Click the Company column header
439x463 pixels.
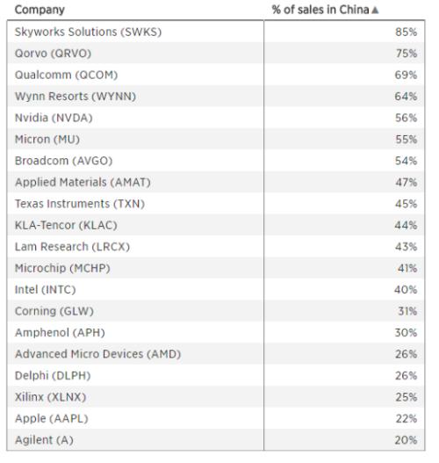click(x=40, y=10)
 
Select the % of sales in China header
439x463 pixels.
click(x=320, y=10)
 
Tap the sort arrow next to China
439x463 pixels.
click(x=375, y=11)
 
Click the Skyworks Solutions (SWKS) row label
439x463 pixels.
click(x=88, y=32)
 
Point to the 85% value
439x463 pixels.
click(x=406, y=32)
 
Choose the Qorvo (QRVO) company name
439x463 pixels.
click(x=53, y=54)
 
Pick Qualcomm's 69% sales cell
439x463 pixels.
click(x=406, y=75)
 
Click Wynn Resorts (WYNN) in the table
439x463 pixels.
click(x=76, y=97)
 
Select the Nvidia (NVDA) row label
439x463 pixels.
click(x=54, y=118)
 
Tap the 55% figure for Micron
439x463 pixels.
click(x=406, y=140)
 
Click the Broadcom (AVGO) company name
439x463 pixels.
click(x=64, y=161)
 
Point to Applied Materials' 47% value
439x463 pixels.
click(x=406, y=183)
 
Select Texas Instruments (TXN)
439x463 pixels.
click(x=80, y=204)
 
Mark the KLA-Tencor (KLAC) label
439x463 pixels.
click(x=66, y=225)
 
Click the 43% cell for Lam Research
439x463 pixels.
click(x=406, y=247)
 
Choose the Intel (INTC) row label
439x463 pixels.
click(x=46, y=290)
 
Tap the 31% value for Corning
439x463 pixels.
click(x=407, y=311)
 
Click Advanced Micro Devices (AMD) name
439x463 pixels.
click(x=98, y=354)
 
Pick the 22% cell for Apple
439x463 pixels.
click(x=406, y=419)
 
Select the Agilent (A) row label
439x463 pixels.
click(x=44, y=440)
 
